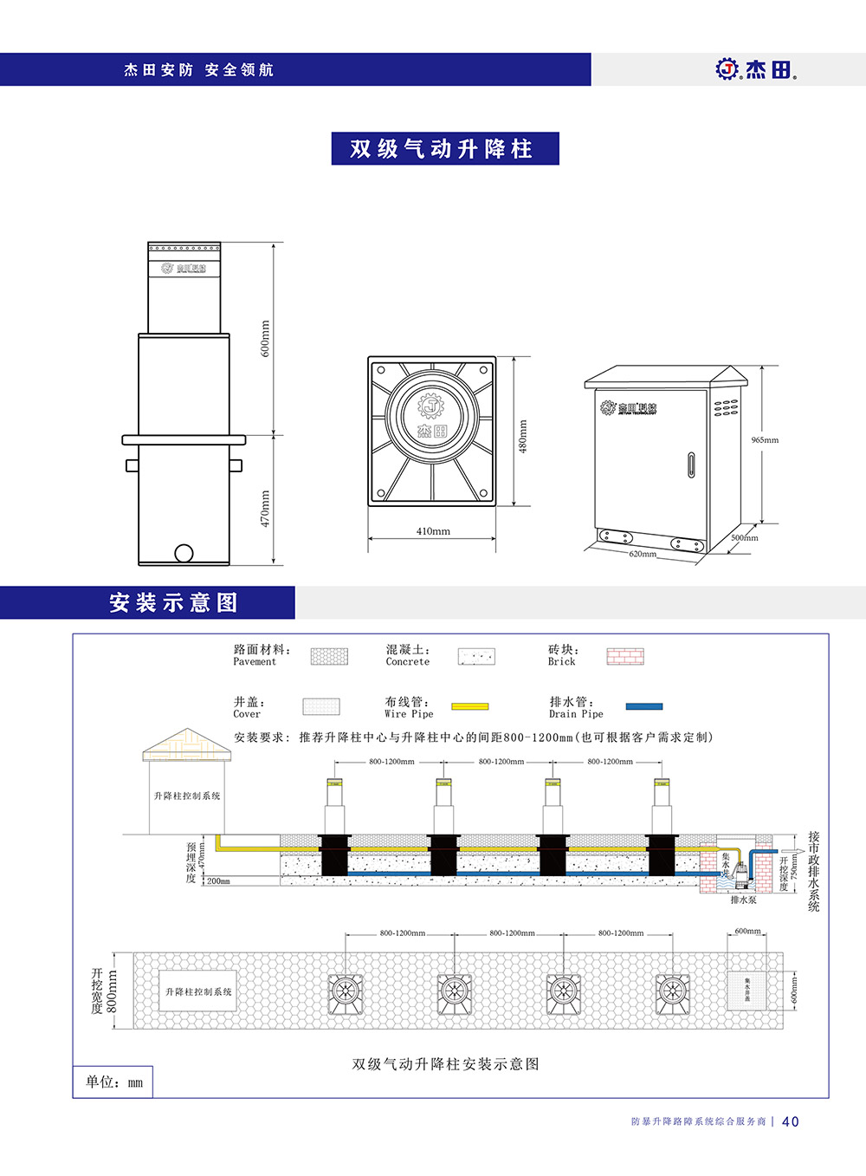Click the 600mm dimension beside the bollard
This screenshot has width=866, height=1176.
click(x=266, y=338)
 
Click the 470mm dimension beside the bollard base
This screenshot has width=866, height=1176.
click(x=266, y=508)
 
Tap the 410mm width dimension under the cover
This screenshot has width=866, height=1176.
click(x=433, y=531)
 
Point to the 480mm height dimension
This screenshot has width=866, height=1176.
click(x=522, y=436)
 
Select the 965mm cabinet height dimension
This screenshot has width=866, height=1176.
click(x=765, y=440)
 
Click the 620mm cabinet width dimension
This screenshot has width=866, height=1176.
click(x=643, y=554)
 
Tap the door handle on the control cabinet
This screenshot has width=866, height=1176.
click(x=691, y=464)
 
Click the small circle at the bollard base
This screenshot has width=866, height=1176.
click(x=184, y=553)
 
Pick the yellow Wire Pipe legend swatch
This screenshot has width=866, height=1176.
click(x=469, y=706)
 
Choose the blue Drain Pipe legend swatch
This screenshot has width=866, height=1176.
click(x=643, y=706)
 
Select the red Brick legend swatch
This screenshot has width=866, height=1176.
click(x=624, y=656)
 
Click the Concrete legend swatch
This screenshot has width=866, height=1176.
click(x=476, y=656)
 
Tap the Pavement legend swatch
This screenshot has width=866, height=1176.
click(x=329, y=656)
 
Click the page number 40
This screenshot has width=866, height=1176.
click(x=790, y=1121)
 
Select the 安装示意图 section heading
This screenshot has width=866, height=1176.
click(x=173, y=602)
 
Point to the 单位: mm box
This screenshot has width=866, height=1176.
click(x=113, y=1082)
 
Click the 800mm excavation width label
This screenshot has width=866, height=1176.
click(x=112, y=991)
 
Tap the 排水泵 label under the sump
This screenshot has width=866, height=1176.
click(x=743, y=900)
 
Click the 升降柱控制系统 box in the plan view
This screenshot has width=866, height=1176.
click(x=198, y=991)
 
